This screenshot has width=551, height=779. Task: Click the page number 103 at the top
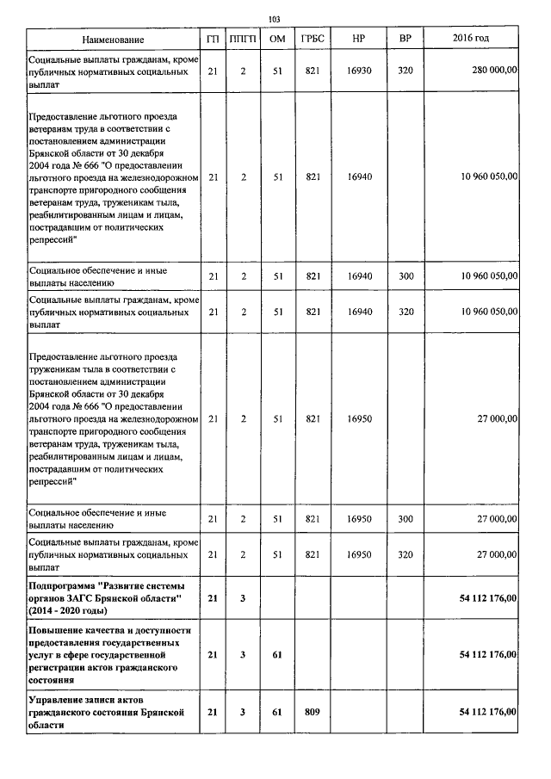pos(275,19)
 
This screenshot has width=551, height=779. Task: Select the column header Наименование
pos(113,40)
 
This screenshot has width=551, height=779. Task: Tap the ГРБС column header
pos(313,40)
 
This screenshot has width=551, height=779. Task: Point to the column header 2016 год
pos(470,40)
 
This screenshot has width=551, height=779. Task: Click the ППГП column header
pos(244,40)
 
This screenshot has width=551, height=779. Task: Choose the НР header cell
pos(359,40)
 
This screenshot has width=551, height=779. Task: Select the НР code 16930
pos(359,71)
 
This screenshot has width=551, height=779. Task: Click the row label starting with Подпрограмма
pos(109,597)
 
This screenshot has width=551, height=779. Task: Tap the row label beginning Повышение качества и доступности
pos(109,654)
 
